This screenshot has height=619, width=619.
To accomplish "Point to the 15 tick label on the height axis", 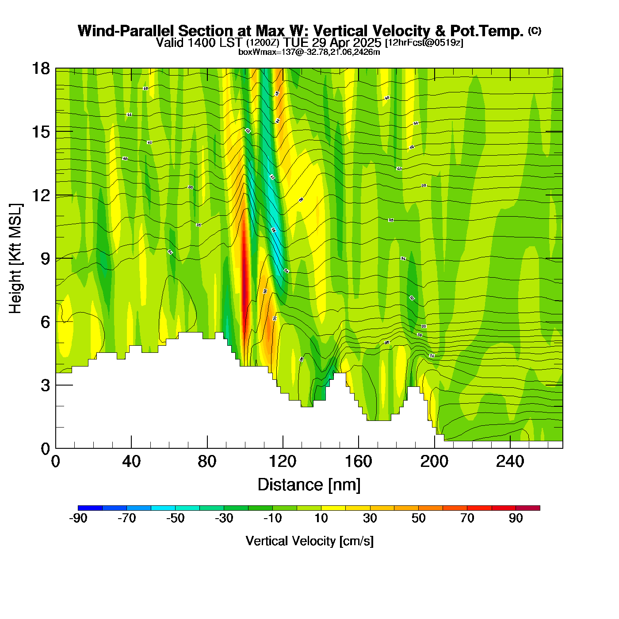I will (40, 132).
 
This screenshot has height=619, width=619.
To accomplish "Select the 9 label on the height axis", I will (45, 259).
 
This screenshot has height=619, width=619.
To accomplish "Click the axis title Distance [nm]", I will (309, 485).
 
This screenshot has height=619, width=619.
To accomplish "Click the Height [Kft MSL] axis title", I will (15, 259).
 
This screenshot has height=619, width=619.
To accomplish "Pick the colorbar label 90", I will (516, 518).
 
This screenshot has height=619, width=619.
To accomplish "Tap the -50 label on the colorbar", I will (175, 518).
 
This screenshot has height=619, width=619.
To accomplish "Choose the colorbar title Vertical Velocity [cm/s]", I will (309, 541).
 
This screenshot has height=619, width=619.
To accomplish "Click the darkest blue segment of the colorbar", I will (90, 508).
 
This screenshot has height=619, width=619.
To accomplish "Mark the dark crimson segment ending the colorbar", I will (527, 508).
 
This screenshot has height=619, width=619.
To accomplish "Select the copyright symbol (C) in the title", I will (535, 31).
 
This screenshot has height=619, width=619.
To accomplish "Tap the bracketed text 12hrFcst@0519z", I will (424, 43).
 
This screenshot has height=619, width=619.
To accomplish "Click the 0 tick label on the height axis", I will (45, 449).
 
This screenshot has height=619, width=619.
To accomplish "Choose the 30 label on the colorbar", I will (370, 518).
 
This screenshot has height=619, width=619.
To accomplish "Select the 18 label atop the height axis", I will (40, 69).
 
